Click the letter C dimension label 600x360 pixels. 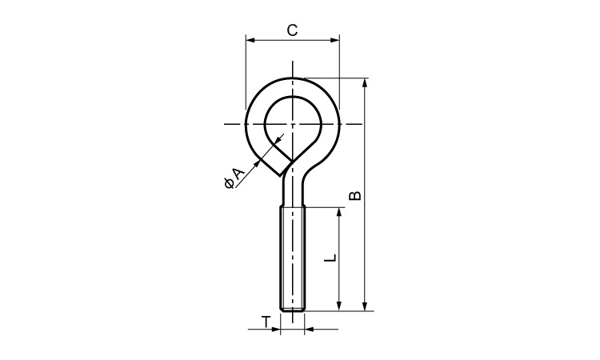[292, 30]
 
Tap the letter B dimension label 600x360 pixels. [355, 195]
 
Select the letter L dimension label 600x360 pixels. [330, 258]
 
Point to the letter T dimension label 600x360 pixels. [266, 322]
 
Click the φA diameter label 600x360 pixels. [233, 178]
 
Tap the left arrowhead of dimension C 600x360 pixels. [250, 39]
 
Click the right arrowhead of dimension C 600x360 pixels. [335, 39]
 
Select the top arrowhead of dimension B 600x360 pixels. [365, 83]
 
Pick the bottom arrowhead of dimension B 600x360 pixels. [365, 306]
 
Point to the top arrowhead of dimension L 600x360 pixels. [338, 213]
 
